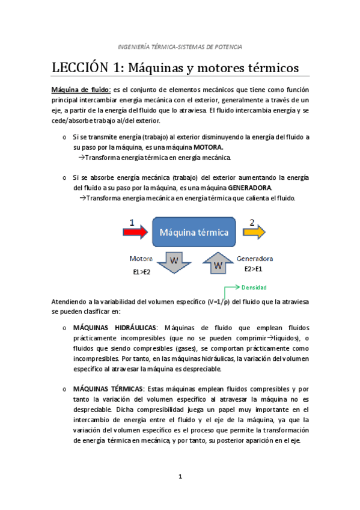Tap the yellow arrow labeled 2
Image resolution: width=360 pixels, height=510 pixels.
tap(254, 233)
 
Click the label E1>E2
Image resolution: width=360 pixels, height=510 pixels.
tap(143, 272)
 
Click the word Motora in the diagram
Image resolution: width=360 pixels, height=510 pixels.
tap(142, 259)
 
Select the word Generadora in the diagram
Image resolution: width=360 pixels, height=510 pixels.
tap(255, 259)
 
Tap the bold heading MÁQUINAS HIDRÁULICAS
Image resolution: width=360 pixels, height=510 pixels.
tap(114, 328)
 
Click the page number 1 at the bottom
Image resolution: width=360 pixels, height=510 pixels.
tap(180, 477)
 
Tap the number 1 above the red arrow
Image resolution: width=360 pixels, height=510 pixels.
tap(132, 222)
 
